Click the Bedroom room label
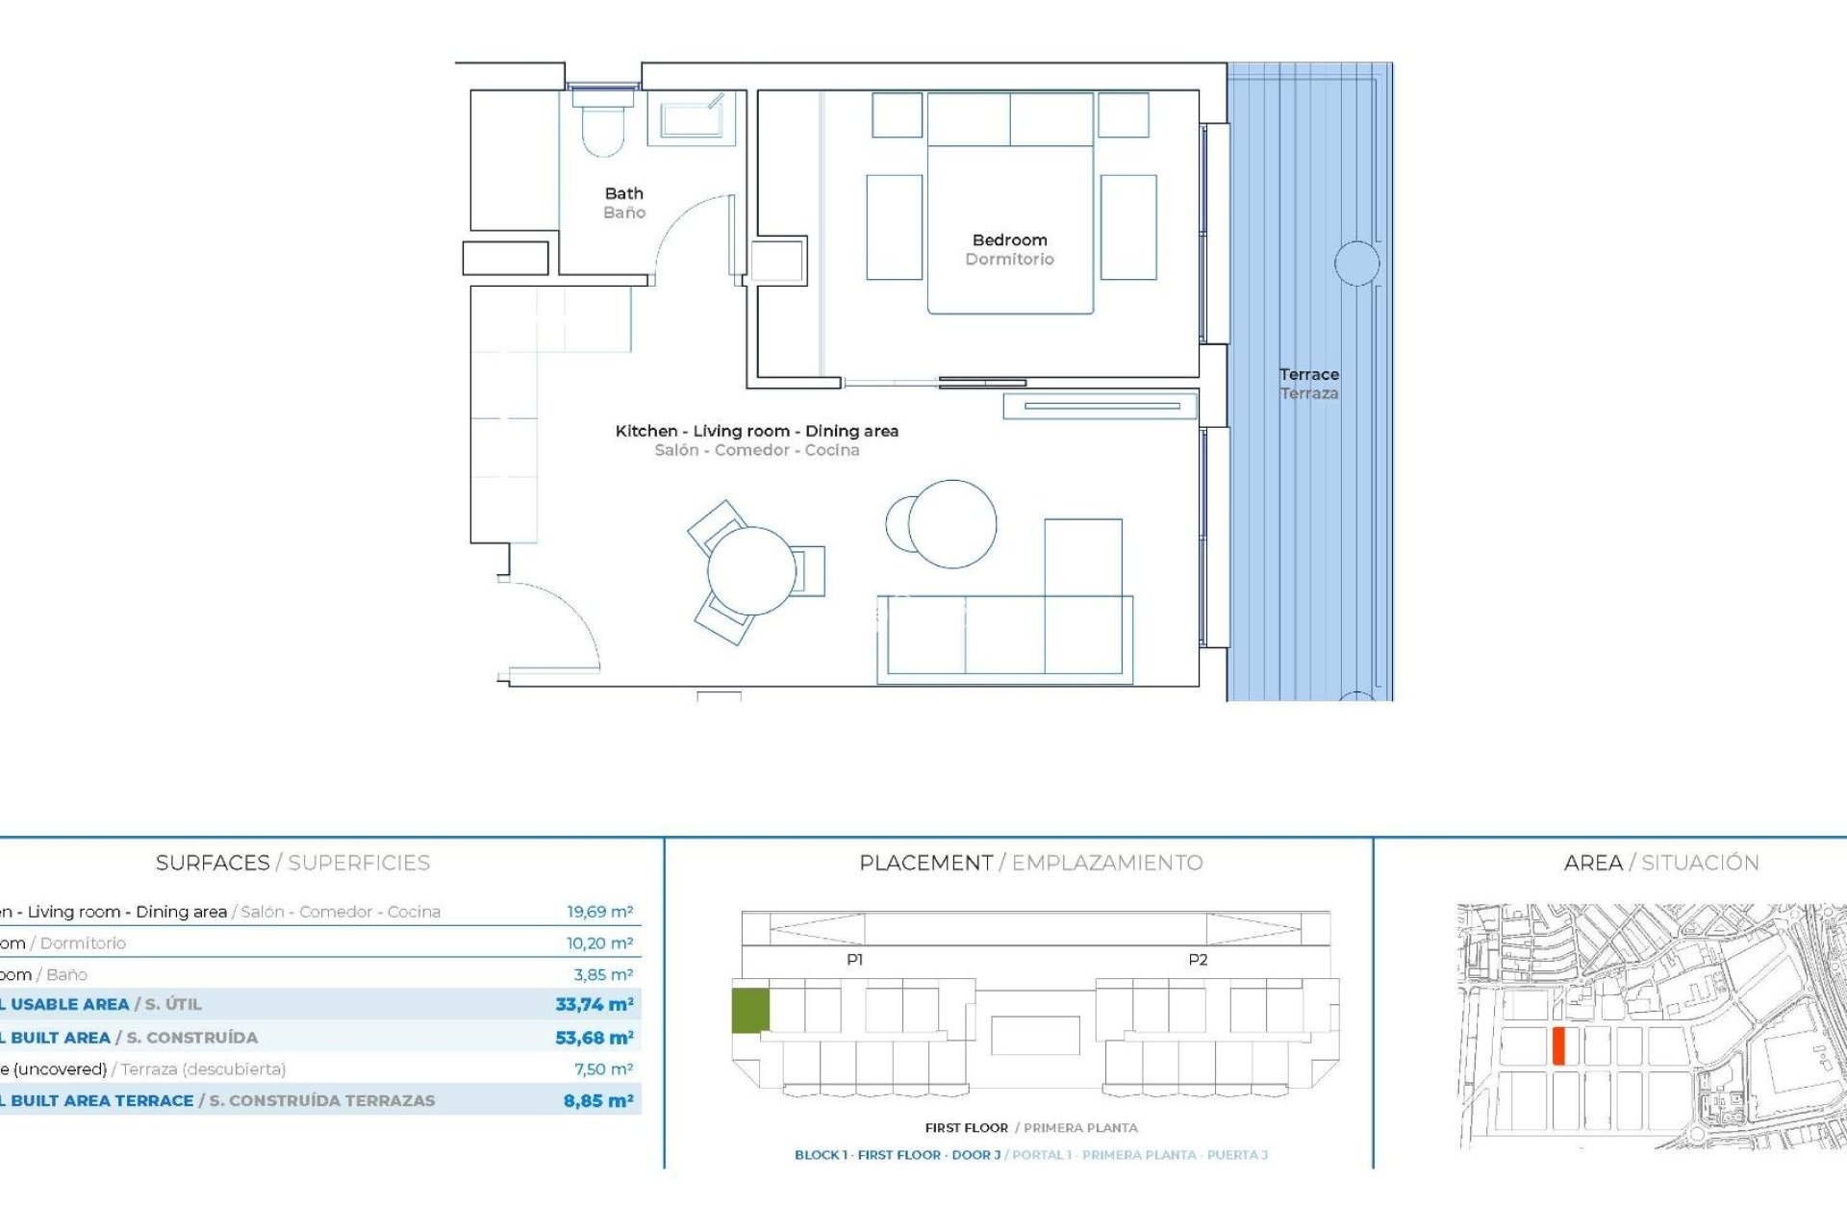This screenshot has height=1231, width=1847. (1009, 240)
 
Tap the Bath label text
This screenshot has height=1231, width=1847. (623, 194)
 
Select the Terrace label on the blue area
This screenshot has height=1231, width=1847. (1308, 375)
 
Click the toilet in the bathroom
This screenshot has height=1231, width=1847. (603, 127)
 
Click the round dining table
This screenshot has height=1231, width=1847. (751, 571)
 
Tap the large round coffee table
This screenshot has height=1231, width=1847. (952, 524)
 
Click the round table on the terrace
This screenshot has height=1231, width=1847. (1356, 264)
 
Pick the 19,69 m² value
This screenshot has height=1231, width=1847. (599, 912)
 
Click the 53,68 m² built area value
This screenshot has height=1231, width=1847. (594, 1038)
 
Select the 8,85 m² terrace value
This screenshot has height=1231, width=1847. (597, 1101)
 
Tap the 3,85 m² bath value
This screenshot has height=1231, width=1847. (602, 974)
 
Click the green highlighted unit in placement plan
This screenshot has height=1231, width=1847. (750, 1010)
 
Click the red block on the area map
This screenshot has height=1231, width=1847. (1558, 1045)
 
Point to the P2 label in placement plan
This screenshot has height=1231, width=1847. (1198, 960)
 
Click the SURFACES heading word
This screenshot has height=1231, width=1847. (213, 863)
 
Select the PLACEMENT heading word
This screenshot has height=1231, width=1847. (925, 863)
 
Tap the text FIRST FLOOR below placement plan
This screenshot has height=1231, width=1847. (966, 1128)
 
